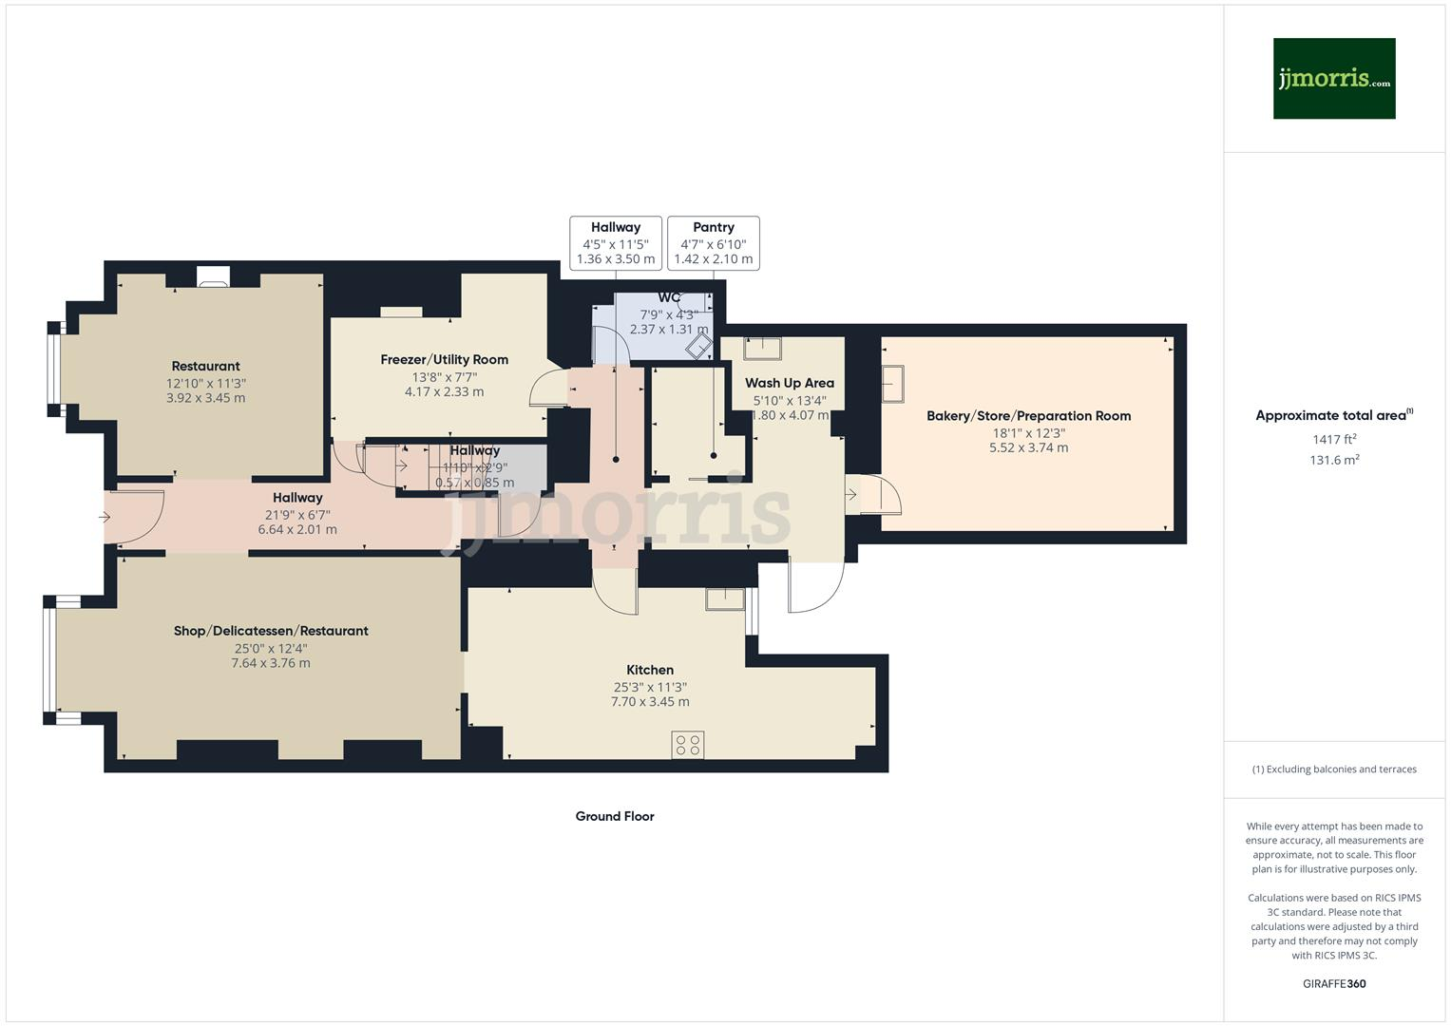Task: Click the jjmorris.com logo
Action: (x=1333, y=79)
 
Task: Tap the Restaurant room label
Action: (x=205, y=367)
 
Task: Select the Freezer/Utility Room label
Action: (x=444, y=360)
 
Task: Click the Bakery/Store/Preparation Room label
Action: (x=1028, y=416)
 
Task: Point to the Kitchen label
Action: (x=650, y=671)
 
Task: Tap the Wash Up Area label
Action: (x=789, y=384)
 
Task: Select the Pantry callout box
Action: (x=713, y=243)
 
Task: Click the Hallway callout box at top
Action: (x=615, y=243)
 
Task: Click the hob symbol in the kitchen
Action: (x=687, y=745)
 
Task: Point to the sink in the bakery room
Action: (x=892, y=384)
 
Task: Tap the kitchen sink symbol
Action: (x=725, y=598)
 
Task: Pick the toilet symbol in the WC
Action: (x=699, y=345)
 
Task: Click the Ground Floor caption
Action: (x=615, y=816)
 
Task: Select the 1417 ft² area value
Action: (x=1333, y=440)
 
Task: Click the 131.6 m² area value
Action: (x=1333, y=461)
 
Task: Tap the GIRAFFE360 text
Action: (x=1333, y=984)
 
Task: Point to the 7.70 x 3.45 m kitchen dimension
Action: (x=650, y=703)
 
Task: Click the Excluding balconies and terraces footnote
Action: (x=1333, y=769)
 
